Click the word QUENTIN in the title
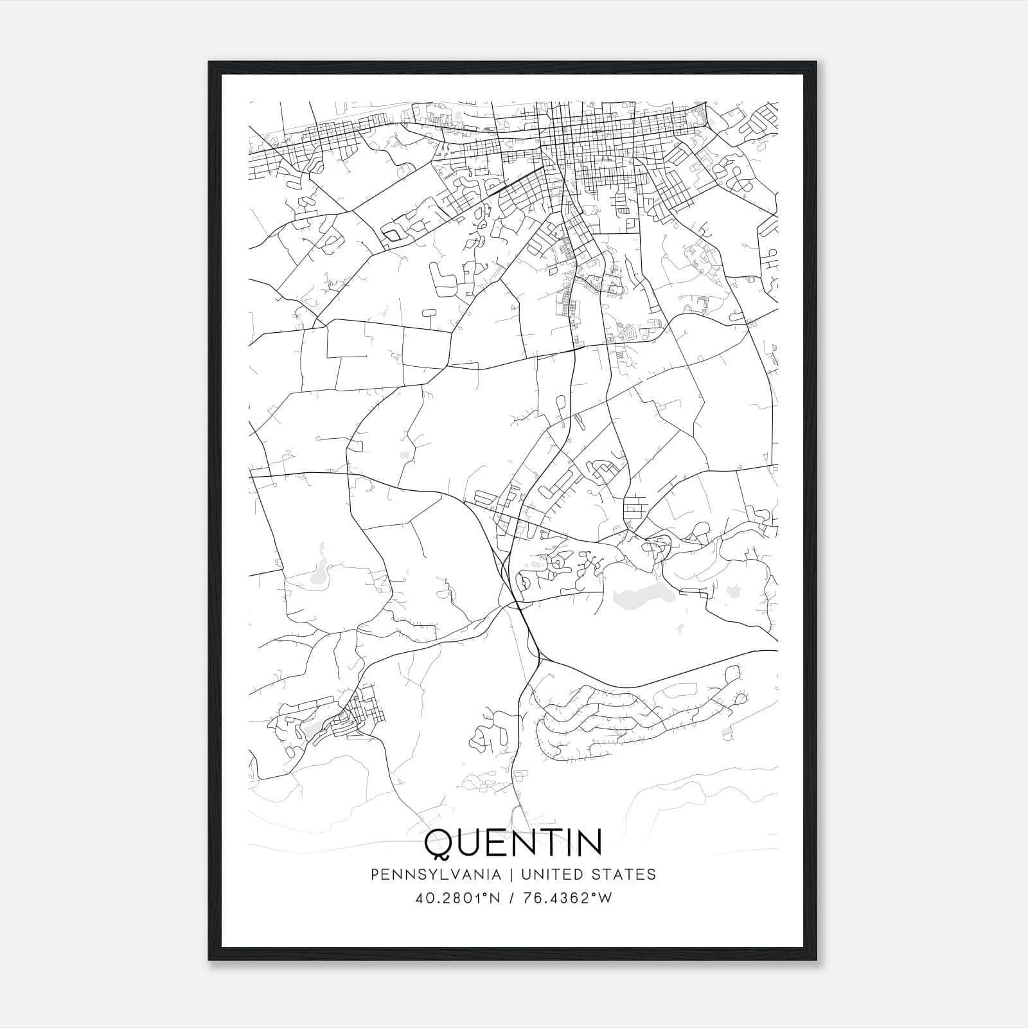click(x=513, y=842)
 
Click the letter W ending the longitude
click(x=605, y=898)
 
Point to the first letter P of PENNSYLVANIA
click(x=374, y=874)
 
